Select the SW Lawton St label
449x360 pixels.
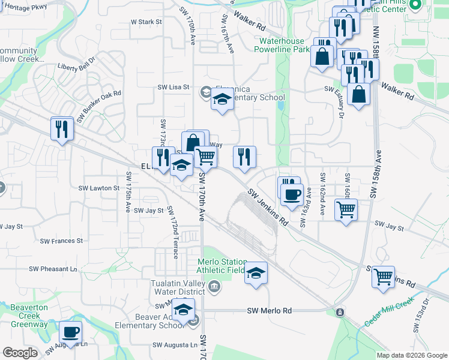click(x=99, y=188)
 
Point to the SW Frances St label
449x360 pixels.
click(x=61, y=241)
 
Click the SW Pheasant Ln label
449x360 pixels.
click(x=57, y=269)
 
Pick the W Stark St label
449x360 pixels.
click(x=146, y=22)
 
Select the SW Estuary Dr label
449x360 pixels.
click(x=340, y=97)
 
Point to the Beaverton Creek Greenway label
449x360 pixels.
click(x=28, y=316)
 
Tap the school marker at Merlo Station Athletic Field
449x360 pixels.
click(x=256, y=273)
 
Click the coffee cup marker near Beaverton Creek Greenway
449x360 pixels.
click(x=70, y=332)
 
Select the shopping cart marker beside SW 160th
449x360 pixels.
click(x=346, y=210)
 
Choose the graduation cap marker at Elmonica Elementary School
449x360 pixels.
click(x=222, y=99)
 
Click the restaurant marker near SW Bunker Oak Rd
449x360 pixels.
click(x=62, y=128)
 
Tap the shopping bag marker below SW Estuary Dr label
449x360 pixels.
click(x=358, y=95)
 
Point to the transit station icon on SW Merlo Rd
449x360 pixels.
click(x=340, y=313)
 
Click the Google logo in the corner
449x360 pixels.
click(x=20, y=353)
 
